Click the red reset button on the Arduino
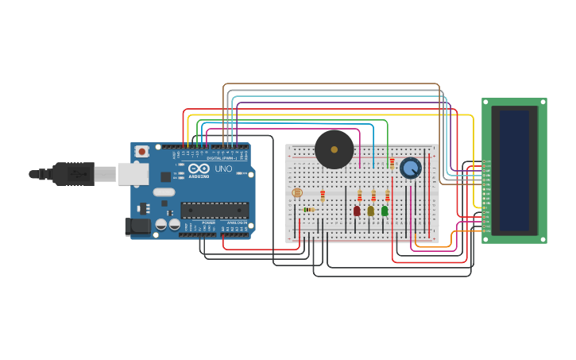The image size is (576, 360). [142, 151]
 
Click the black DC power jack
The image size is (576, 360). [137, 226]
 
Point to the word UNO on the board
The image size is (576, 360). [223, 168]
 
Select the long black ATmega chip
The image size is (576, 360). [215, 210]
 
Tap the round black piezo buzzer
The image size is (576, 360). [334, 149]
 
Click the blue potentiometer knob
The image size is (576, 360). [410, 168]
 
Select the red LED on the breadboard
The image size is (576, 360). [357, 211]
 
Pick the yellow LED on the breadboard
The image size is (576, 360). [370, 211]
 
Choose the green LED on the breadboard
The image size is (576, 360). [385, 211]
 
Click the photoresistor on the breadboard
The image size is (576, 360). [297, 192]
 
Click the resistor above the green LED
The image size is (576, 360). [388, 195]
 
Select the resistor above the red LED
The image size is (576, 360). [359, 195]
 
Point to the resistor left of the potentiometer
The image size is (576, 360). [392, 163]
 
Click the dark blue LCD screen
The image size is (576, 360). [514, 171]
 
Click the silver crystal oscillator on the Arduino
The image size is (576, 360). [164, 192]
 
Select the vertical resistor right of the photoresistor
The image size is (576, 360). [323, 195]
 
